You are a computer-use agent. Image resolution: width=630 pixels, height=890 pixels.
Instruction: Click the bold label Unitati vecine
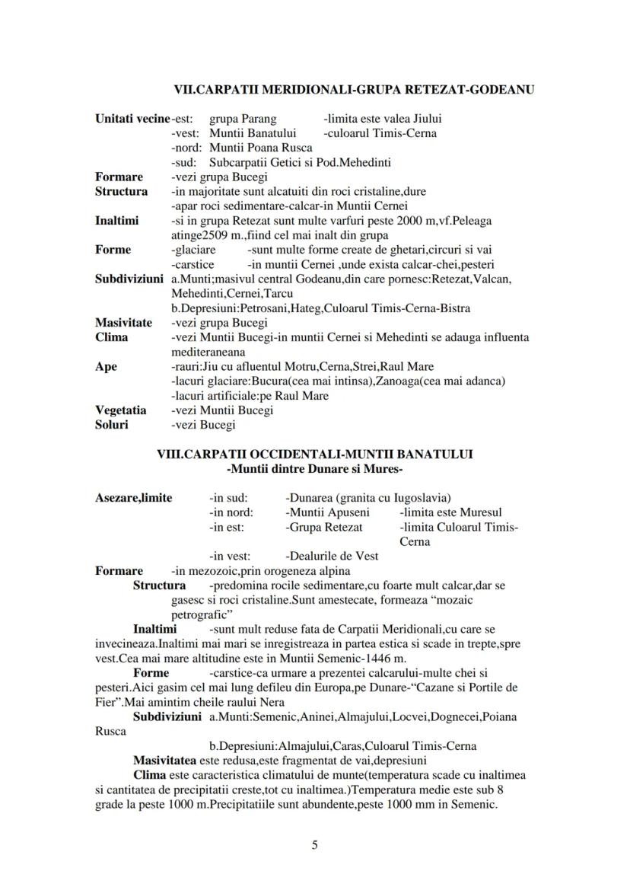[132, 119]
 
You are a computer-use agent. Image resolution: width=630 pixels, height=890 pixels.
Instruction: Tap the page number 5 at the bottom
[315, 844]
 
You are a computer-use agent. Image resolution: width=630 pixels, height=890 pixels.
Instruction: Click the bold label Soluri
[112, 425]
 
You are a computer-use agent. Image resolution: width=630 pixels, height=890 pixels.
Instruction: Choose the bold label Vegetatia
[120, 410]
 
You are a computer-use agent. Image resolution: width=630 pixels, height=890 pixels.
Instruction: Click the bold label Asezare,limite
[133, 498]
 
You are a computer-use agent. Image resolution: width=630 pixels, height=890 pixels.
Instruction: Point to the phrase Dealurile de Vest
[332, 556]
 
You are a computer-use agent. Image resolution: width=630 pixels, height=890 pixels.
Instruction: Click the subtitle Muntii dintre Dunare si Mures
[315, 468]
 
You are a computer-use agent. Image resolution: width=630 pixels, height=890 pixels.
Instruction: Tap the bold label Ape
[106, 366]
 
